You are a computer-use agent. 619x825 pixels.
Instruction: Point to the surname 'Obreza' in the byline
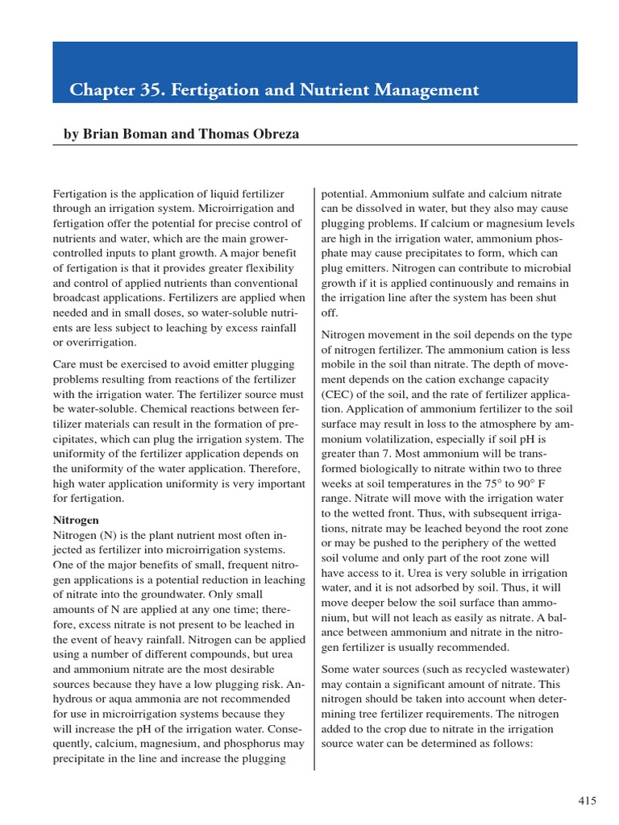[x=272, y=135]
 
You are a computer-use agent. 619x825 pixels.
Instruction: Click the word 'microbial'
[x=547, y=268]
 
